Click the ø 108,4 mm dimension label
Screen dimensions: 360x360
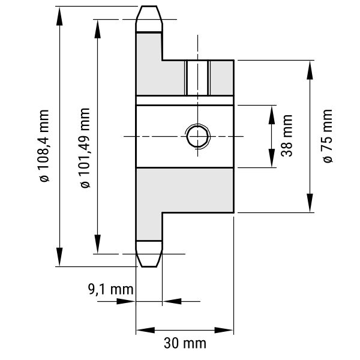pyautogui.click(x=44, y=146)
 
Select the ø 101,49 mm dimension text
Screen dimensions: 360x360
pyautogui.click(x=85, y=148)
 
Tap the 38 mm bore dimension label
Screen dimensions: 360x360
pyautogui.click(x=287, y=136)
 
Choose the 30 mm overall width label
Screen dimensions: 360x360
pyautogui.click(x=185, y=344)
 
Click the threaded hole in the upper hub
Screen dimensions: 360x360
pyautogui.click(x=197, y=78)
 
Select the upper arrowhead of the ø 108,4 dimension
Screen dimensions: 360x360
pyautogui.click(x=59, y=16)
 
